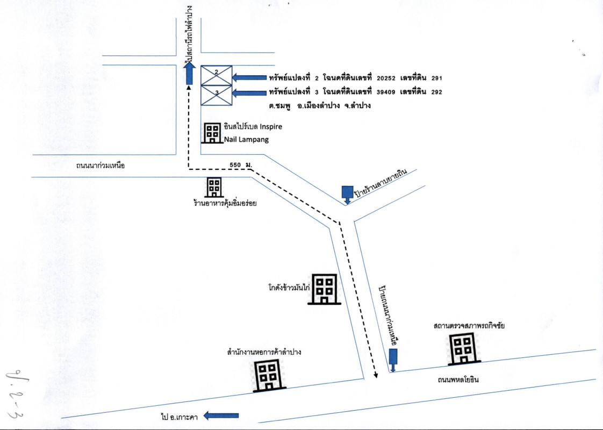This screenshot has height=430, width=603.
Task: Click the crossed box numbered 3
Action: [217, 95]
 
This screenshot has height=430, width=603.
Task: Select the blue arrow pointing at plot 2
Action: [250, 77]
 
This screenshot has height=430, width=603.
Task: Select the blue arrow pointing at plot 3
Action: [250, 92]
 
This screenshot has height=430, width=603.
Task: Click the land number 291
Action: [436, 78]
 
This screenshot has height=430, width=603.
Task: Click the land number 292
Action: [436, 92]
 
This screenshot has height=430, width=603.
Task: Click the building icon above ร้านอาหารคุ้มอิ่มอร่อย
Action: [214, 187]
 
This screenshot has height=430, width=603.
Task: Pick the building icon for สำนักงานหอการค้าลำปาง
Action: [268, 375]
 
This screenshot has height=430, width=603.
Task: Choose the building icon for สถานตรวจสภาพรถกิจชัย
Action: [463, 348]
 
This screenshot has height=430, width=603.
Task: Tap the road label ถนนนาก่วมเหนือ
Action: [101, 166]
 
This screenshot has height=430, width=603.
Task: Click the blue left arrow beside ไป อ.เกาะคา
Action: [220, 415]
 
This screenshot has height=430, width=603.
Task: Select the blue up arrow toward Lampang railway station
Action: [189, 73]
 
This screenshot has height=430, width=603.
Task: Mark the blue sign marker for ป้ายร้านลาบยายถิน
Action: [347, 193]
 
